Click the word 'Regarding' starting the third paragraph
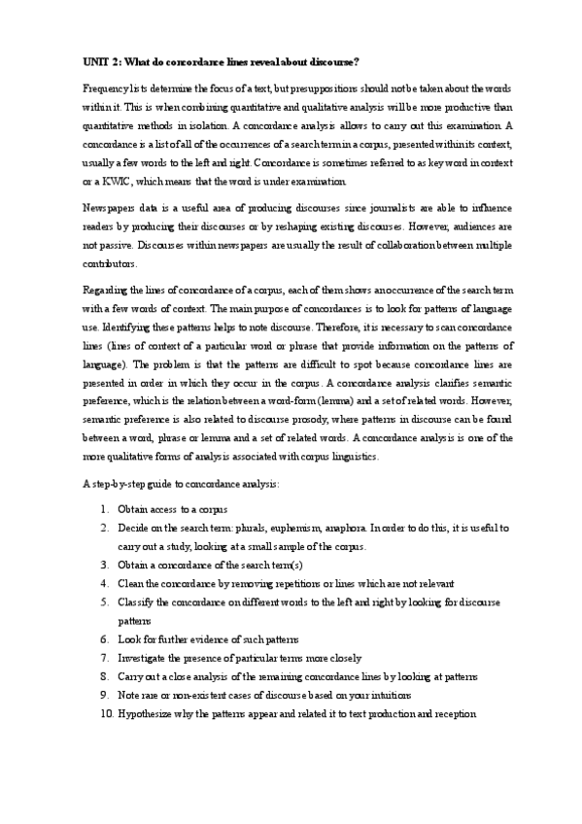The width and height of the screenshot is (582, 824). click(106, 292)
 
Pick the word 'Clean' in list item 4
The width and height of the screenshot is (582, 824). click(131, 583)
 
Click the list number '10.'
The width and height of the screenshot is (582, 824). click(106, 714)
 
